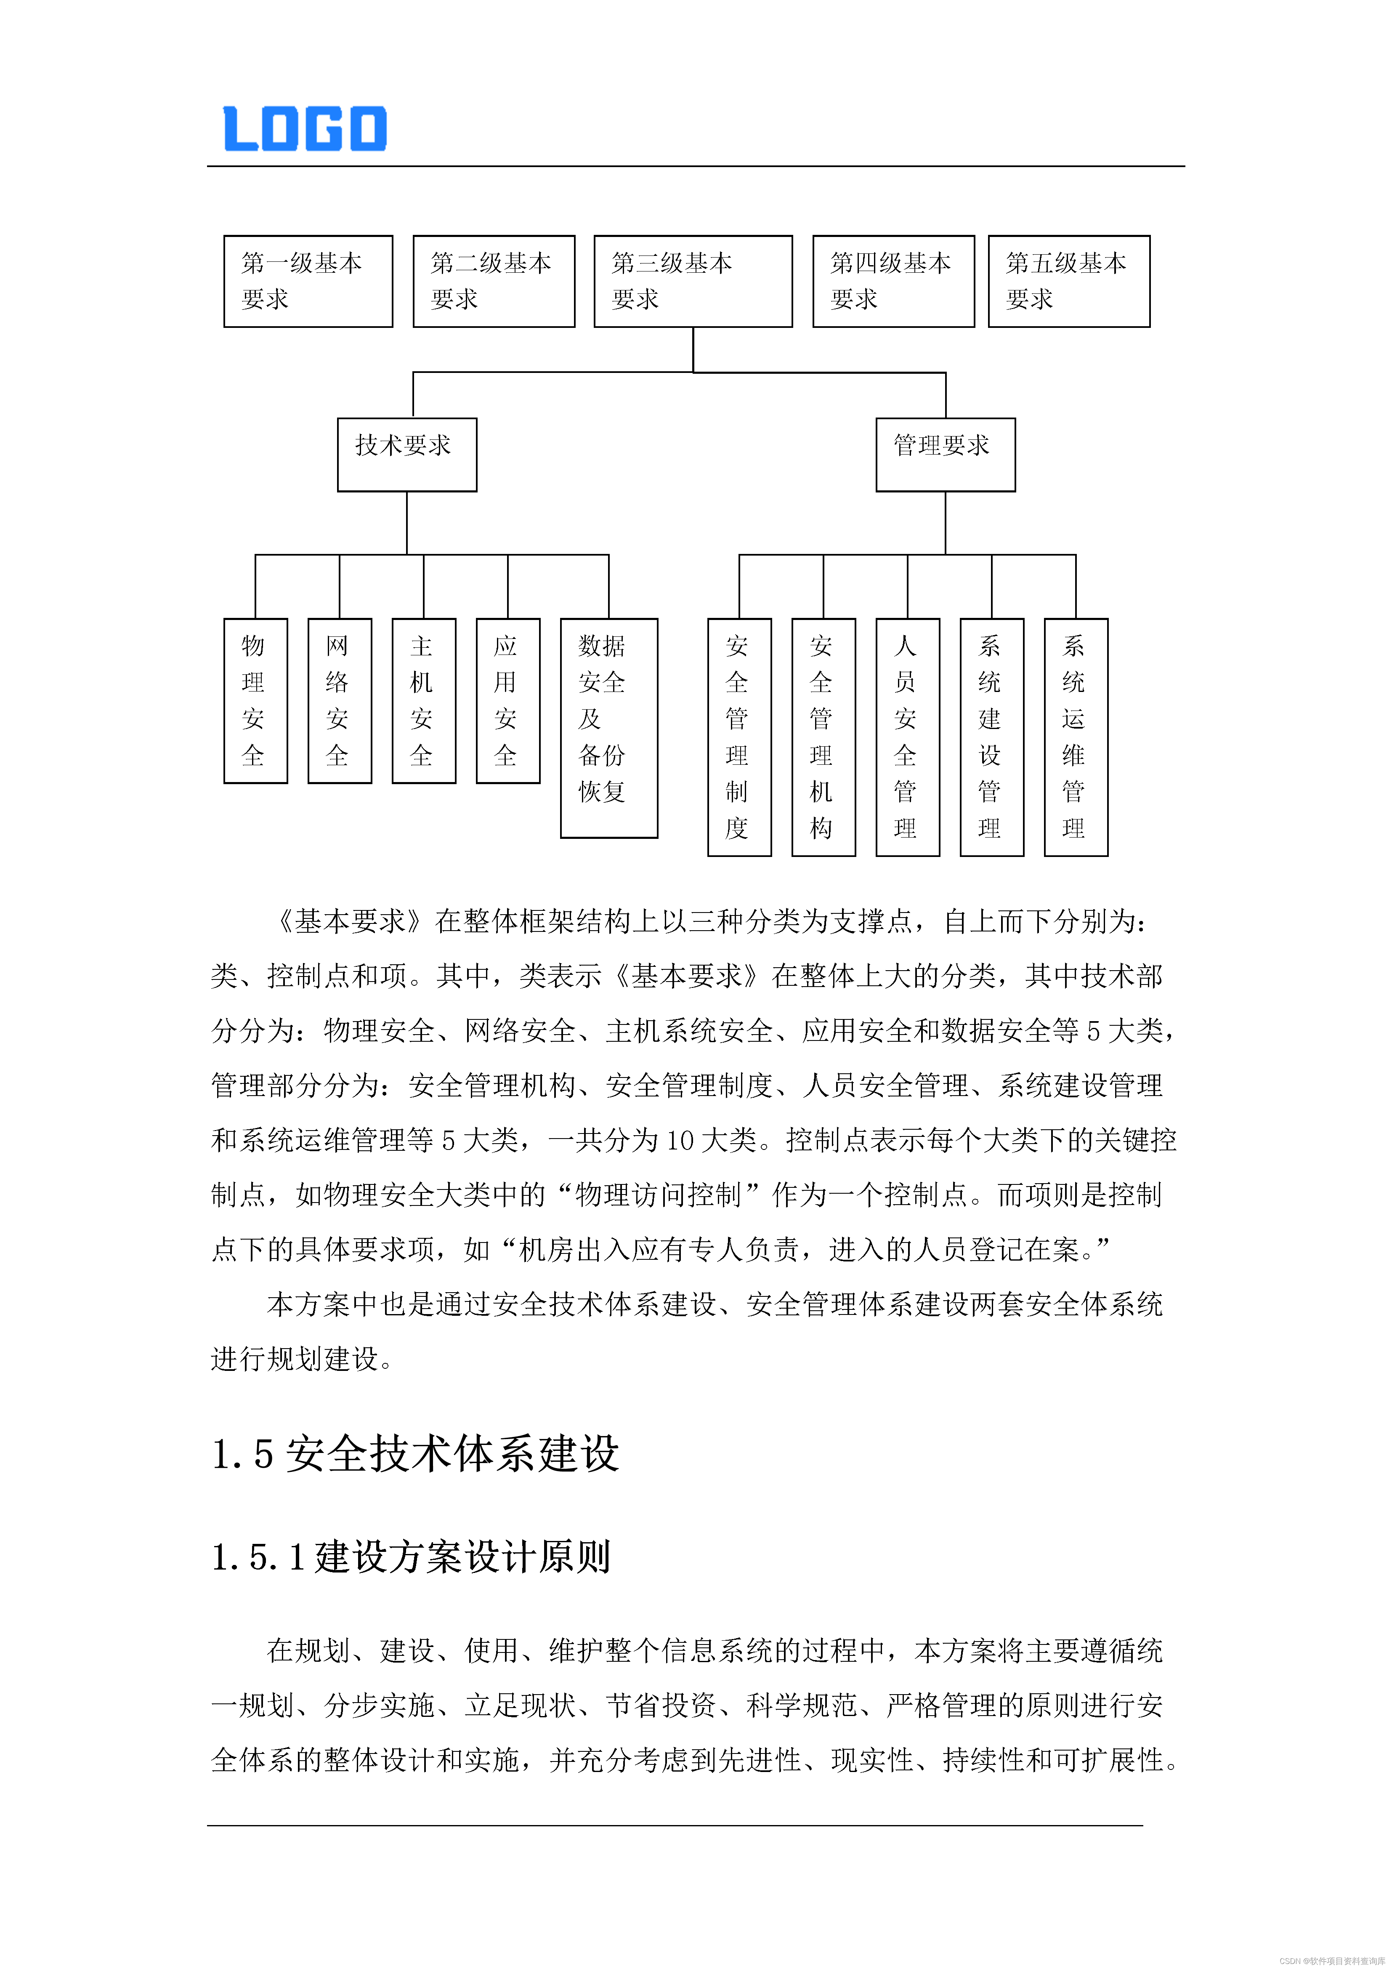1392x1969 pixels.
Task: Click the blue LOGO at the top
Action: [x=305, y=129]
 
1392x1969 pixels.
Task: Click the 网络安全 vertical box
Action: [x=340, y=701]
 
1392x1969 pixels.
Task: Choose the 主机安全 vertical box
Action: [x=423, y=701]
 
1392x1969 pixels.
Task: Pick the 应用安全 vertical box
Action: [x=507, y=701]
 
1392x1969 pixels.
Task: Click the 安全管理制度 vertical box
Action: [x=739, y=737]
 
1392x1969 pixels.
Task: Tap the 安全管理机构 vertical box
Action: [x=823, y=737]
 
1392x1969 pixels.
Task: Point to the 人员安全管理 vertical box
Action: [x=907, y=737]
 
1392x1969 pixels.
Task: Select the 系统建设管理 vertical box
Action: [x=992, y=737]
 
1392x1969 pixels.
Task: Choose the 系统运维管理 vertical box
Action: [x=1076, y=737]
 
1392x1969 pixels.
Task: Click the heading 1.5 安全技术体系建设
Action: [x=415, y=1455]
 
